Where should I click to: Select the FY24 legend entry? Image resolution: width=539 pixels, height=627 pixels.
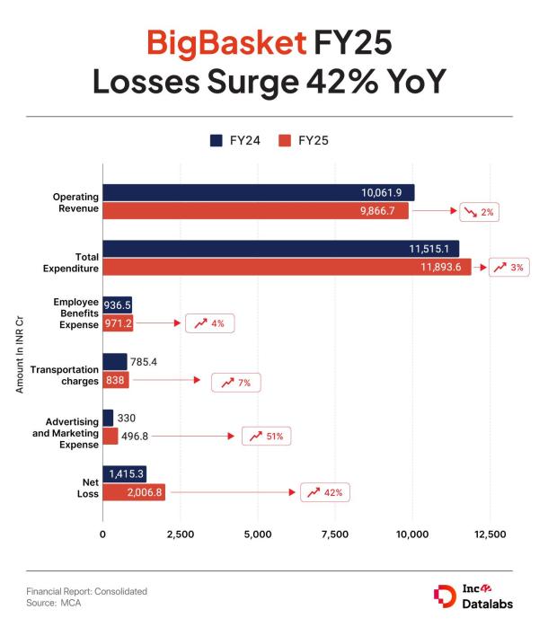point(236,140)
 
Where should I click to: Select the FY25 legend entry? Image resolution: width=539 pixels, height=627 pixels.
point(305,140)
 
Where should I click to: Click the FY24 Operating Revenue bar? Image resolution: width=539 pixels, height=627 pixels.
point(258,192)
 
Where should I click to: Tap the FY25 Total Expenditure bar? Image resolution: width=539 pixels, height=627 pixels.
point(287,267)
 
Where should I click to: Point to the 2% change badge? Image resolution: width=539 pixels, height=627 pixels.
point(479,212)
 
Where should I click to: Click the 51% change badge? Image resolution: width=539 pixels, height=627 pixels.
point(267,437)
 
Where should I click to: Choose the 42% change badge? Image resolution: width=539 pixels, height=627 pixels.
point(324,492)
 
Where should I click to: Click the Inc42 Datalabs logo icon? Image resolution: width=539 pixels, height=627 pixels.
point(444,596)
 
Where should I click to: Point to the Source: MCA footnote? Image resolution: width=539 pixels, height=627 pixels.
point(55,603)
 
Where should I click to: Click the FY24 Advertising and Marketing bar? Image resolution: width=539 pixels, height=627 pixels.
point(108,418)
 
